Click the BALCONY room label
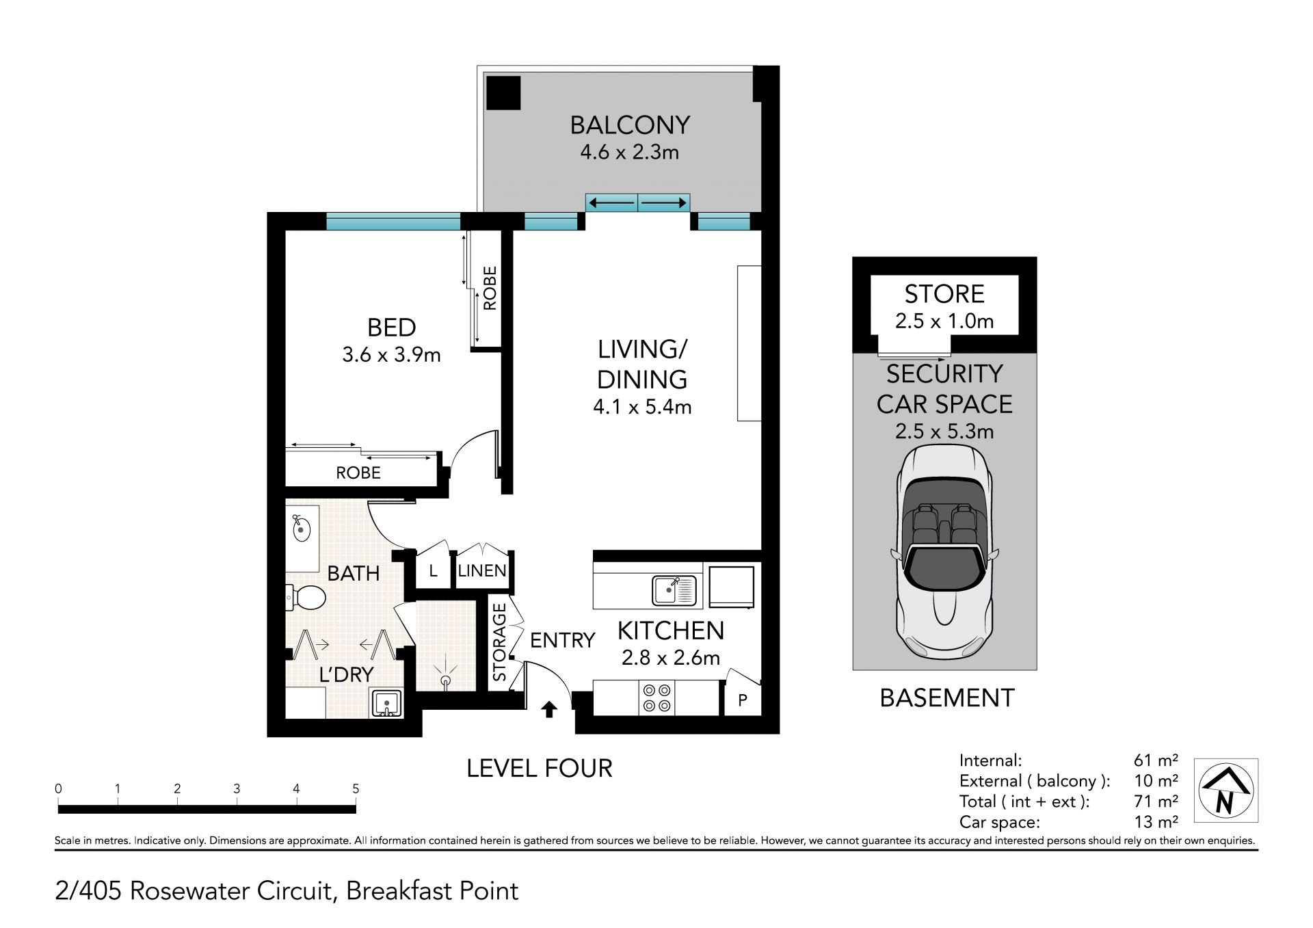click(630, 125)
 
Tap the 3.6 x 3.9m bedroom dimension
click(391, 355)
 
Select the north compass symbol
click(1226, 791)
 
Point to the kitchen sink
click(674, 590)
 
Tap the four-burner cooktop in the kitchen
click(656, 698)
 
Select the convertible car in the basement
click(944, 553)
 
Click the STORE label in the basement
click(944, 294)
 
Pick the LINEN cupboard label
click(482, 571)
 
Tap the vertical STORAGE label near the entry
click(500, 642)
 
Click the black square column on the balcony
click(503, 92)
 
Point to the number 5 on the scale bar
click(356, 788)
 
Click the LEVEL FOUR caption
click(540, 769)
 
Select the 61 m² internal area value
click(1156, 760)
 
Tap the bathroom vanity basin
click(302, 529)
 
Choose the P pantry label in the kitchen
click(742, 700)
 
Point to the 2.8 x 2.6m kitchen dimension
click(670, 658)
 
